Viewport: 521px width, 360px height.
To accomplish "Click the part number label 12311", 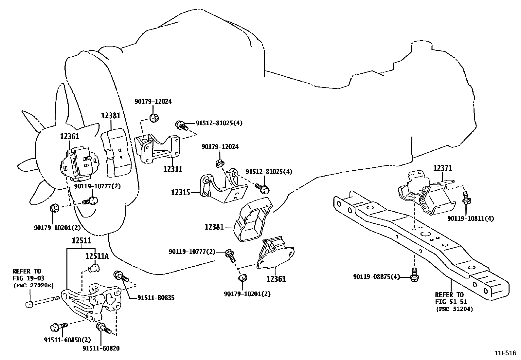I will pyautogui.click(x=173, y=169).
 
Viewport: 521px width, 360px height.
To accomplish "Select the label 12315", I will pyautogui.click(x=180, y=192).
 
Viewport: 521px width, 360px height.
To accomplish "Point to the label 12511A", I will pyautogui.click(x=97, y=256).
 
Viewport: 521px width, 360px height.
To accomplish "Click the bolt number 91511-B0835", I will pyautogui.click(x=156, y=298).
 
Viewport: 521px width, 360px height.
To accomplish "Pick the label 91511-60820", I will pyautogui.click(x=101, y=348).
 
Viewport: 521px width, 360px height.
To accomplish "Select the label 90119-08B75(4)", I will pyautogui.click(x=377, y=277).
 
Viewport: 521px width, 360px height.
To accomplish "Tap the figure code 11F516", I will pyautogui.click(x=505, y=353).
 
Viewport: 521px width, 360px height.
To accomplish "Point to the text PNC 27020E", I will pyautogui.click(x=33, y=285).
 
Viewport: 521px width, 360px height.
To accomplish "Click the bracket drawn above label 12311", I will pyautogui.click(x=157, y=149).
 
